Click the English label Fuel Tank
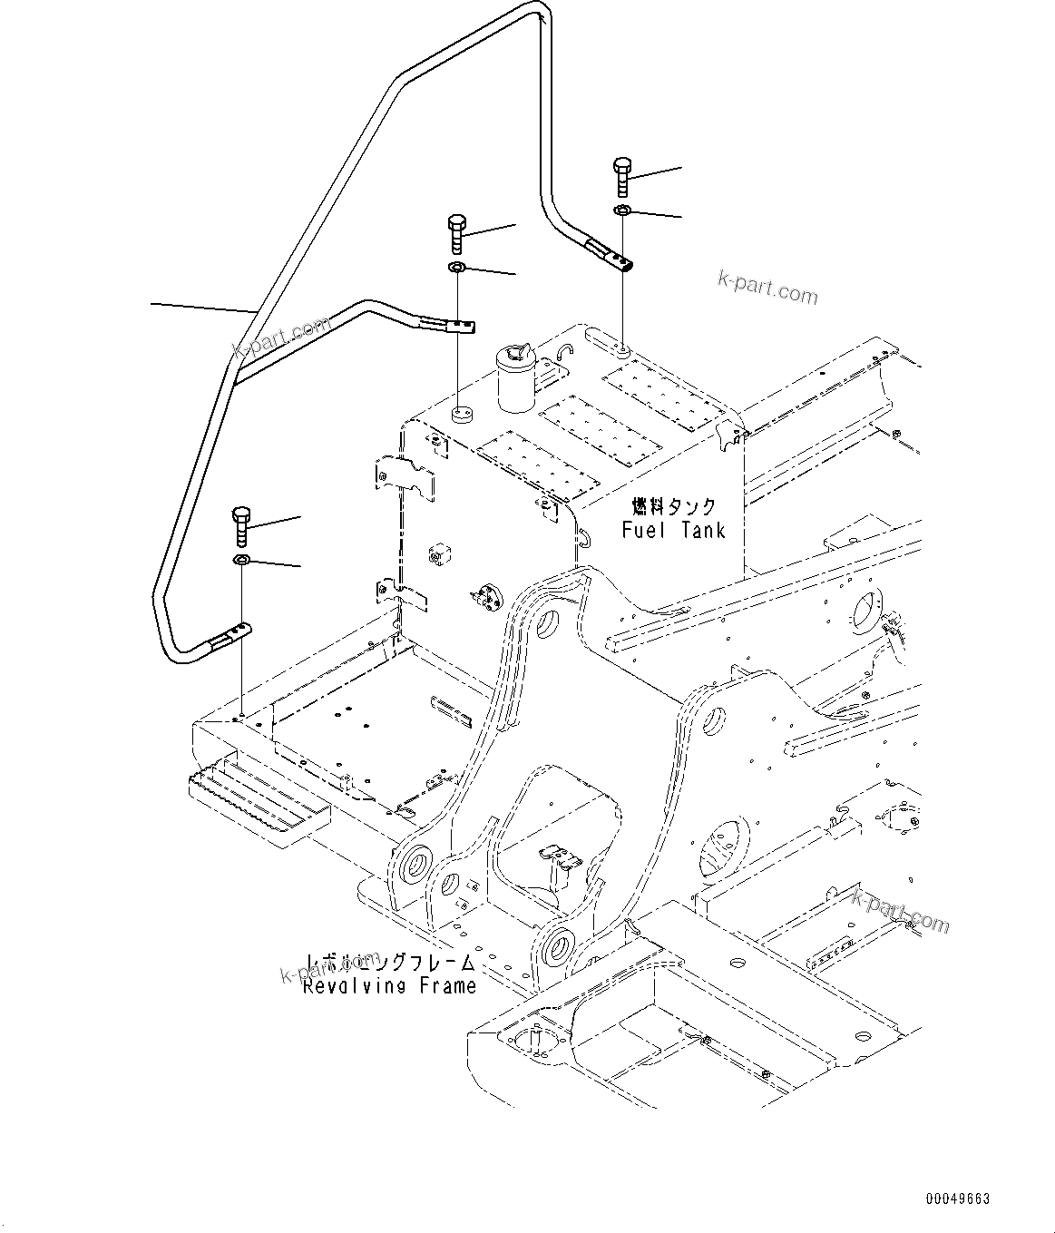pyautogui.click(x=673, y=530)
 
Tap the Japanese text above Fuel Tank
pyautogui.click(x=673, y=506)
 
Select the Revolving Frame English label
pyautogui.click(x=389, y=985)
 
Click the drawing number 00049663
pyautogui.click(x=958, y=1199)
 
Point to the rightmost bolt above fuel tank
pyautogui.click(x=622, y=177)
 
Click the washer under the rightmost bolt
pyautogui.click(x=623, y=210)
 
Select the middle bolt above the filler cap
pyautogui.click(x=456, y=234)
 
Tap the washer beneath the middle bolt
pyautogui.click(x=456, y=268)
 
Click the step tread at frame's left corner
pyautogui.click(x=259, y=798)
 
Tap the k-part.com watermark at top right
pyautogui.click(x=767, y=288)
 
